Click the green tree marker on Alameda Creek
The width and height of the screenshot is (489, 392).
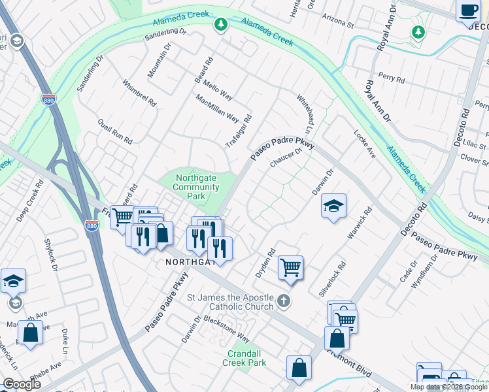(221, 25)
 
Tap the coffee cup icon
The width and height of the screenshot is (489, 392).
(469, 11)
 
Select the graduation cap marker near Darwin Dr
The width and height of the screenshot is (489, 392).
(333, 206)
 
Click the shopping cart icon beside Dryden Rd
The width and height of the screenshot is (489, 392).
(290, 267)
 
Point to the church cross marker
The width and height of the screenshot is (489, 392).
(282, 301)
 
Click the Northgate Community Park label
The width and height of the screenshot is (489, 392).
(196, 187)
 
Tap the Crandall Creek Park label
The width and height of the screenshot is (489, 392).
(244, 357)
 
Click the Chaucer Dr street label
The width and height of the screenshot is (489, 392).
(286, 159)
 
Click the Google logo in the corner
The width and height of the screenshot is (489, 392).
(21, 384)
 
